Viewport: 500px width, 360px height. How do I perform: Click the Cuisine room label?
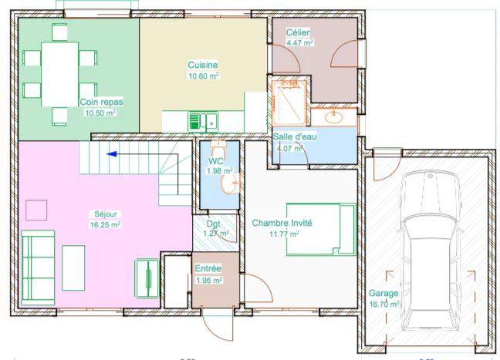[203, 66]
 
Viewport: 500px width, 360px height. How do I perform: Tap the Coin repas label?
[100, 102]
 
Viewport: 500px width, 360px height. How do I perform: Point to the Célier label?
[299, 33]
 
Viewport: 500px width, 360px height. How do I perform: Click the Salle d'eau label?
[294, 136]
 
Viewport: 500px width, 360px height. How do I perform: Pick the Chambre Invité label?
[282, 223]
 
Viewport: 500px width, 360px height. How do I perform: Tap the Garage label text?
[383, 294]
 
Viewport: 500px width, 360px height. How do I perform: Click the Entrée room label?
[208, 268]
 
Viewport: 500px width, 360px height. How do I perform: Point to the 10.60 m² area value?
[203, 76]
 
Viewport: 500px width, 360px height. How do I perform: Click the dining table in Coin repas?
[59, 73]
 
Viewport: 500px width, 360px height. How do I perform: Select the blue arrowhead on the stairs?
[111, 153]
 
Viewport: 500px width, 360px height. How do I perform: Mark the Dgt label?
[211, 223]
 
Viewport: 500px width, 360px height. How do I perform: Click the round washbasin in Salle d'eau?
[336, 118]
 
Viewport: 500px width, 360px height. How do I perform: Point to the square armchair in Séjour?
[37, 210]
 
